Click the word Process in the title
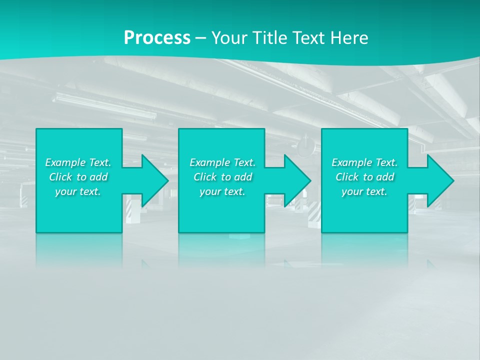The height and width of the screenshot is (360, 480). click(157, 38)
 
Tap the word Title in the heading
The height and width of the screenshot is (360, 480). click(270, 38)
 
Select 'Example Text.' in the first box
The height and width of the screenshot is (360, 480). click(78, 162)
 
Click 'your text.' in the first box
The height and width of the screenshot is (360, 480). click(78, 191)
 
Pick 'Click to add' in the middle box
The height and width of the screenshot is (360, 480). click(222, 177)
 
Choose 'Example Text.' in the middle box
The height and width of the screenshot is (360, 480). click(222, 162)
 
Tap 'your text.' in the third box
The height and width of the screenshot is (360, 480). click(364, 191)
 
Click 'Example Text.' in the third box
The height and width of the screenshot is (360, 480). click(364, 162)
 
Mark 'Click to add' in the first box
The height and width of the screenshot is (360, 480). click(78, 177)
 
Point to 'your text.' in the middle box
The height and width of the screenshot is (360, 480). click(222, 191)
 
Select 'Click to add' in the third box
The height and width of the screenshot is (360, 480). click(364, 177)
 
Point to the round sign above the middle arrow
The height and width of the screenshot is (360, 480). click(305, 146)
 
